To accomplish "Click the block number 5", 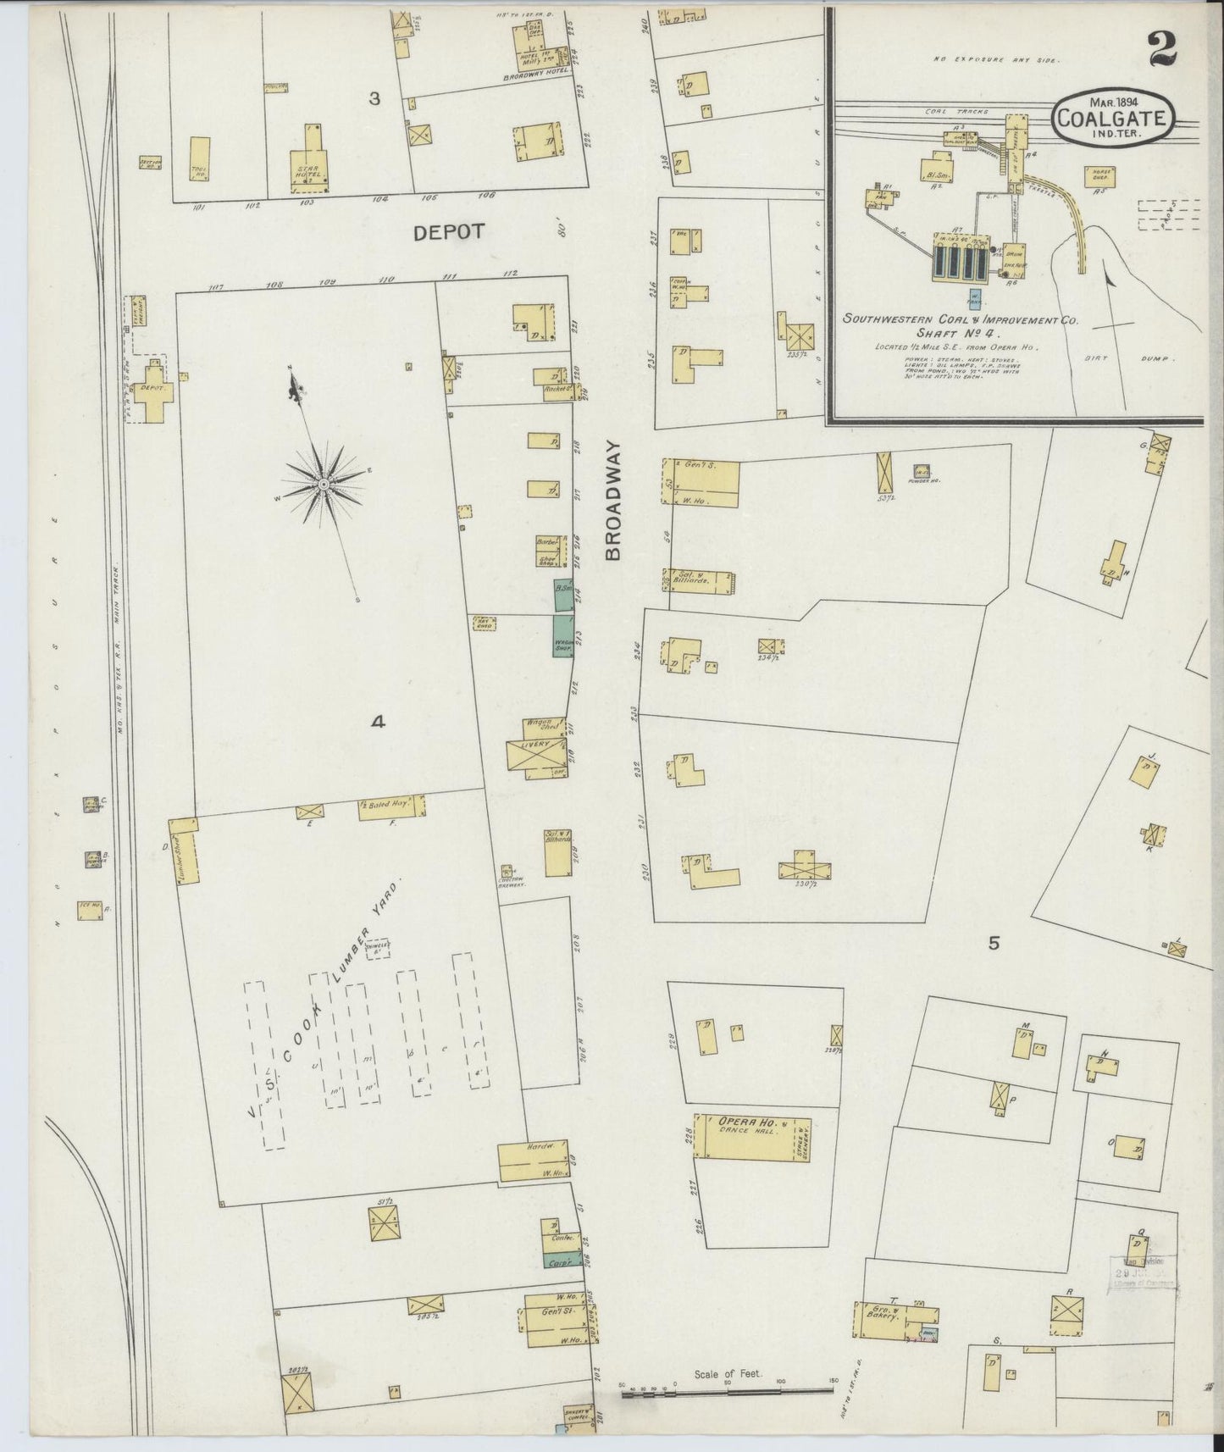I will (994, 943).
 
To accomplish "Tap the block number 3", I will (374, 99).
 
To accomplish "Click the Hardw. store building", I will (532, 1162).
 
